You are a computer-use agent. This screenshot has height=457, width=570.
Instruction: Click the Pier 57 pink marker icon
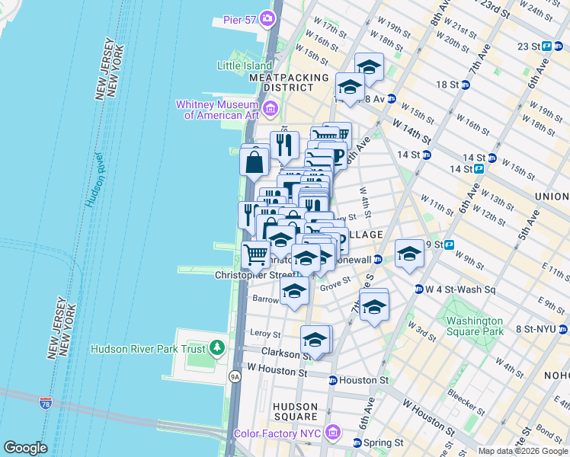(x=267, y=18)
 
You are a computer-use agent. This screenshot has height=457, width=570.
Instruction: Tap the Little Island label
(x=245, y=66)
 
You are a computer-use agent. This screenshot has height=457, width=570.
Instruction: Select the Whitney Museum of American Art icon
(x=269, y=110)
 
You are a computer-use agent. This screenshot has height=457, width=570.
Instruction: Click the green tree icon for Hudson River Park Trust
(x=219, y=348)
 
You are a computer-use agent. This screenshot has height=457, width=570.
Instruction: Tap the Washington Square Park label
(x=475, y=326)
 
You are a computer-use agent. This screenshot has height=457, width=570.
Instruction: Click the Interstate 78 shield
(x=46, y=402)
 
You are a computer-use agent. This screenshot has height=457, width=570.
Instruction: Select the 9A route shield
(x=235, y=376)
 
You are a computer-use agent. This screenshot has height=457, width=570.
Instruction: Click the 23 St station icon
(x=546, y=46)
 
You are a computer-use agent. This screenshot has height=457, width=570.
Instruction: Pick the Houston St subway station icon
(x=333, y=380)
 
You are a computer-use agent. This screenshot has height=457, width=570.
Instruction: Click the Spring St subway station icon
(x=356, y=443)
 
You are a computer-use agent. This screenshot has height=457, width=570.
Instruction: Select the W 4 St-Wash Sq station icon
(x=418, y=289)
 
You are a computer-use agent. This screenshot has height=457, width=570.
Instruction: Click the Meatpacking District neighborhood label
(x=289, y=82)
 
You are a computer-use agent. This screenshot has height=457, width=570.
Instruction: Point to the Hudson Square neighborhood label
(x=295, y=411)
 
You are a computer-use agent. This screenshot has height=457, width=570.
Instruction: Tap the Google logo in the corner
(x=25, y=447)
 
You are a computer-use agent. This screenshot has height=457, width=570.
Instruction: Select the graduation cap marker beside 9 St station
(x=409, y=254)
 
